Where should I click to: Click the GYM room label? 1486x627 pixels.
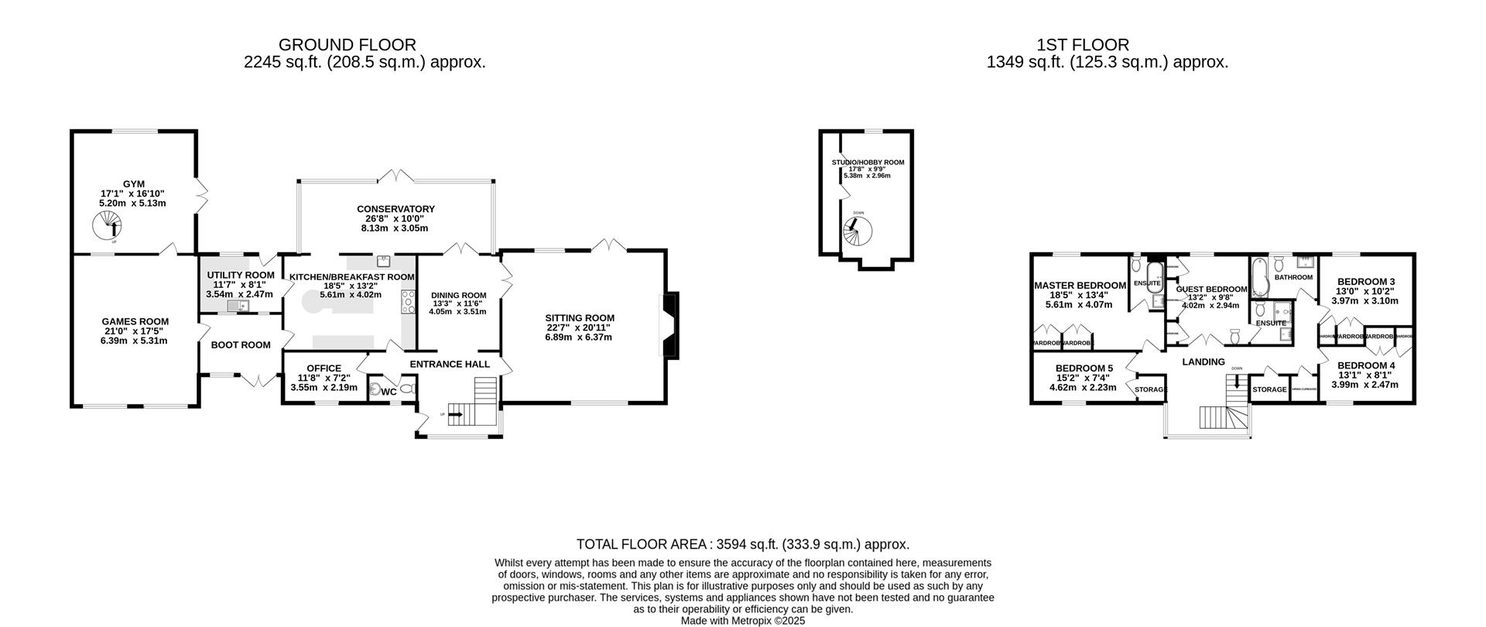(132, 184)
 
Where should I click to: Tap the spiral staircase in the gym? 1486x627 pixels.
(108, 227)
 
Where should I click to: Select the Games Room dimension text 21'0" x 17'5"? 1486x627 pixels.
(135, 331)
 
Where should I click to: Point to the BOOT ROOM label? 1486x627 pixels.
(241, 345)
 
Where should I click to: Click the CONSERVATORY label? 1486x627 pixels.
(395, 209)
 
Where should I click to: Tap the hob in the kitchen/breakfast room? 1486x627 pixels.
(409, 302)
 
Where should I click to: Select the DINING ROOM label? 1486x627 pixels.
(458, 295)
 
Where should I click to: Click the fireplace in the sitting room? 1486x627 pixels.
(669, 325)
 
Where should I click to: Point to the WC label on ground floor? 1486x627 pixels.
(389, 392)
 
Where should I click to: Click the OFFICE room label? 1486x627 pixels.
(324, 368)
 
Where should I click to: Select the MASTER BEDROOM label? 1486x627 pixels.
(1080, 286)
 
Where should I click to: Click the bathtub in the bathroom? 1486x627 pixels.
(1258, 280)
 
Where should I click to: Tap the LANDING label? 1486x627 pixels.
(1204, 361)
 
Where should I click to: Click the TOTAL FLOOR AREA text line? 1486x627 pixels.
(742, 544)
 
